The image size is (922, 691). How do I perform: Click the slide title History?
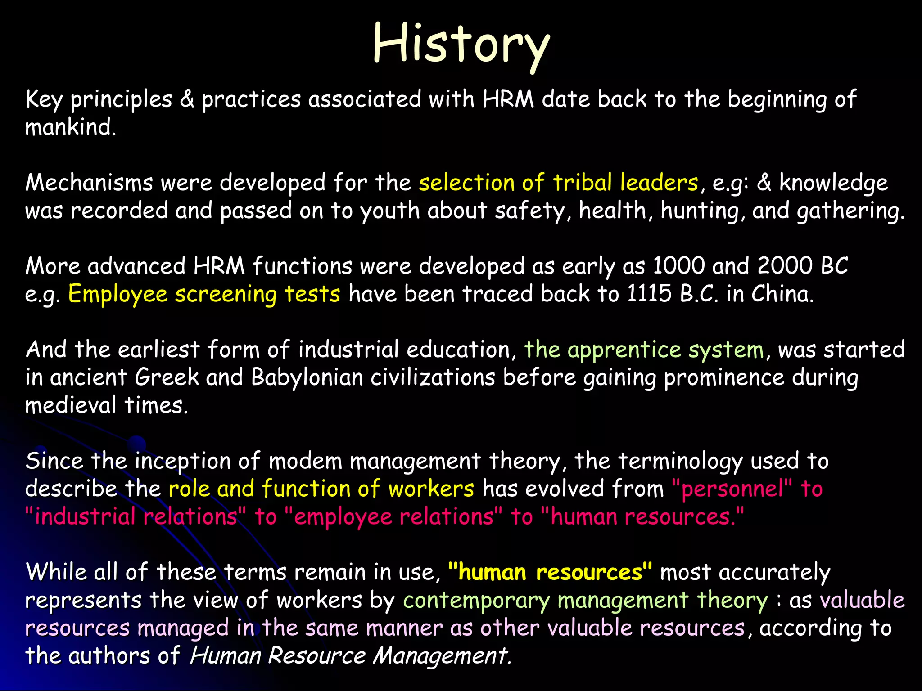pos(461,44)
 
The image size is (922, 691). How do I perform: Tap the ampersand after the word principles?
pos(187,99)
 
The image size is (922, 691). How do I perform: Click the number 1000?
pos(679,266)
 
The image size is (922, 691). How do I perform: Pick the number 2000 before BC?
pos(785,266)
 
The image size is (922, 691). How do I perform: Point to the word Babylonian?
pos(307,377)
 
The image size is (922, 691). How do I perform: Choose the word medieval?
pos(71,405)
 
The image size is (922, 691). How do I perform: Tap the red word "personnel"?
pos(732,489)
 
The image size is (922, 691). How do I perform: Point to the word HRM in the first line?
pos(508,99)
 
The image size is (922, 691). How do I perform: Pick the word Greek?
pos(167,377)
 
